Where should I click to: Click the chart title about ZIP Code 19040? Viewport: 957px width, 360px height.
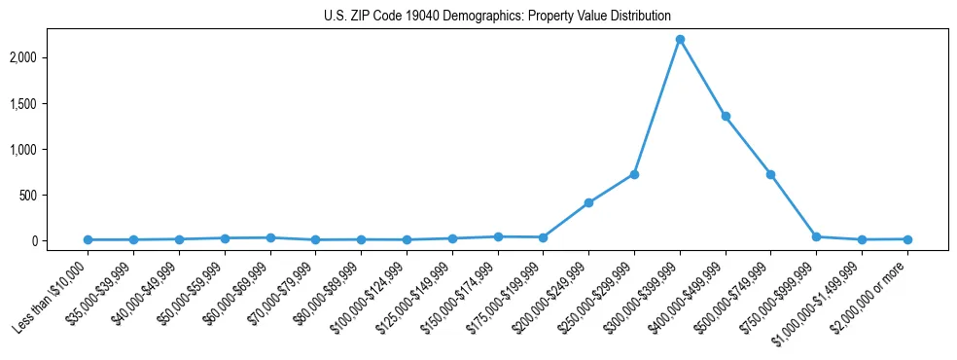(497, 16)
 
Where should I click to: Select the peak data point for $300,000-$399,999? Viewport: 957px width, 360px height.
(680, 39)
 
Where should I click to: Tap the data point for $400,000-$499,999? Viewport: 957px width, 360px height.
(726, 116)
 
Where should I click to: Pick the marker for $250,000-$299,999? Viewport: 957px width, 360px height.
(634, 174)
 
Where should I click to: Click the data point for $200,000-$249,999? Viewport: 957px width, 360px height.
(588, 202)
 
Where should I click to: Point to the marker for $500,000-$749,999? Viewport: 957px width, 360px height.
(770, 174)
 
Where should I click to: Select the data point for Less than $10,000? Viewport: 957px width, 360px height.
(88, 239)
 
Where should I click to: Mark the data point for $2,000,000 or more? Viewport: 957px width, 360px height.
(907, 238)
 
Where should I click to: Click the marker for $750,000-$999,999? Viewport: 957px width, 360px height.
(816, 236)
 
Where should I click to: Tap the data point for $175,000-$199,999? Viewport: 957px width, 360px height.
(543, 237)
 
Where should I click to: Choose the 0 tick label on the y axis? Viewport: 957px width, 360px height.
(60, 240)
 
